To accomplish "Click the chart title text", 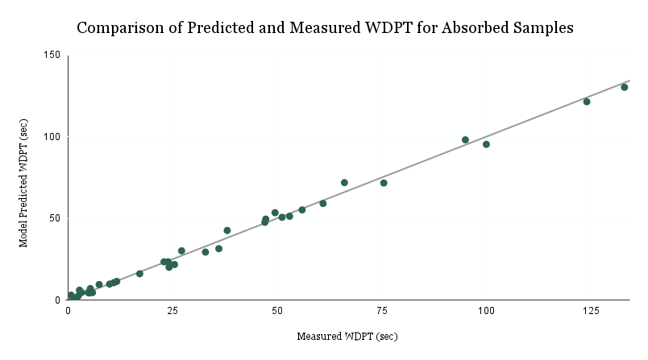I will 324,27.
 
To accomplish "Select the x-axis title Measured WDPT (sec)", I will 347,336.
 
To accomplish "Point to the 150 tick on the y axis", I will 52,55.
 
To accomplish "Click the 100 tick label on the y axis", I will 52,136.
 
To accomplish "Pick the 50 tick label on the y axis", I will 55,217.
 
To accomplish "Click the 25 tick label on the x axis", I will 172,311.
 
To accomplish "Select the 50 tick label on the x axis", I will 277,311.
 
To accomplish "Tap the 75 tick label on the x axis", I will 381,311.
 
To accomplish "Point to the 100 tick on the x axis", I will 486,311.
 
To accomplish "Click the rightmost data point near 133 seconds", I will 624,87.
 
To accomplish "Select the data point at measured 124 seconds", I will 587,101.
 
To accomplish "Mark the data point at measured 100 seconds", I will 486,144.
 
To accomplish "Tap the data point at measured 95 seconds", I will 465,139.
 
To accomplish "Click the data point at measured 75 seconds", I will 384,183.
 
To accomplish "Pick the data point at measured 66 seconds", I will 344,183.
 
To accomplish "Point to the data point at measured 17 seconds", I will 139,274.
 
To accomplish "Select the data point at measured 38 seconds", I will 227,230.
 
